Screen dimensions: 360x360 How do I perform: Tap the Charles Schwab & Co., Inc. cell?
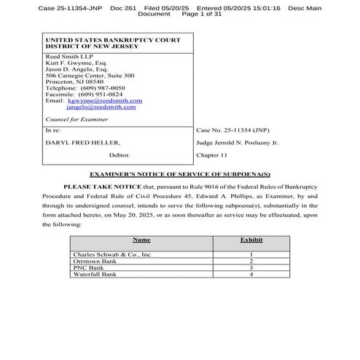[113, 254]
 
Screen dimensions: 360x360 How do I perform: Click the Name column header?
[141, 240]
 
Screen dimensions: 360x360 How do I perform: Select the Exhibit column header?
[251, 240]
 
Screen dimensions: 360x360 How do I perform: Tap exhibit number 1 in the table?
[251, 254]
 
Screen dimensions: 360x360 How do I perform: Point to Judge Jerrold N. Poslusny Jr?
[238, 143]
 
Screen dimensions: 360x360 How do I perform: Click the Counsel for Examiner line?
[77, 118]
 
